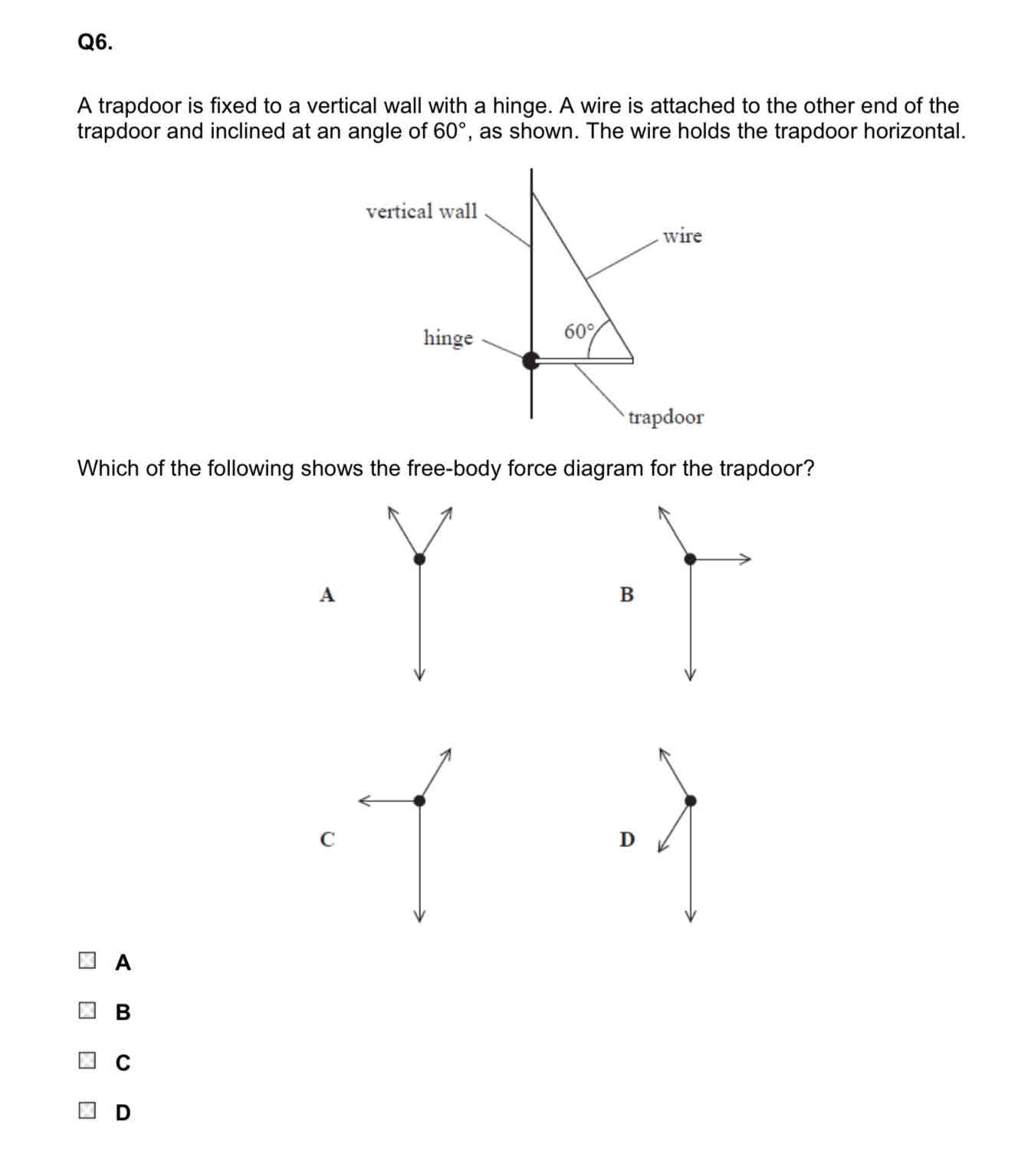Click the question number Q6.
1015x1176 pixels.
point(95,43)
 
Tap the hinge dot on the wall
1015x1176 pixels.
point(530,360)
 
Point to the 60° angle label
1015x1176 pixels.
point(579,332)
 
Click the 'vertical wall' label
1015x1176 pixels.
point(421,211)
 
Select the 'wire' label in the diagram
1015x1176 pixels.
point(682,236)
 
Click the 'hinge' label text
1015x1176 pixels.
point(448,338)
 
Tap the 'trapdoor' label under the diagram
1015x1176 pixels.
point(665,418)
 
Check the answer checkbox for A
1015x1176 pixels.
point(87,961)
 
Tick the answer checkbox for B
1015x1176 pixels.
point(87,1010)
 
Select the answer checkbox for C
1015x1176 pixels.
point(87,1061)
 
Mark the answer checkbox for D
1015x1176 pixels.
point(87,1111)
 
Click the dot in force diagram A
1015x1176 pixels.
point(419,559)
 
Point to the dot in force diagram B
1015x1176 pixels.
point(690,559)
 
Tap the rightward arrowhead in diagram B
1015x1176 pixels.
point(746,559)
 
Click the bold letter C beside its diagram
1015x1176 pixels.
point(327,839)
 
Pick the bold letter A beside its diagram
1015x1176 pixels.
point(327,594)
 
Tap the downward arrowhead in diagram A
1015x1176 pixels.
point(419,674)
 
